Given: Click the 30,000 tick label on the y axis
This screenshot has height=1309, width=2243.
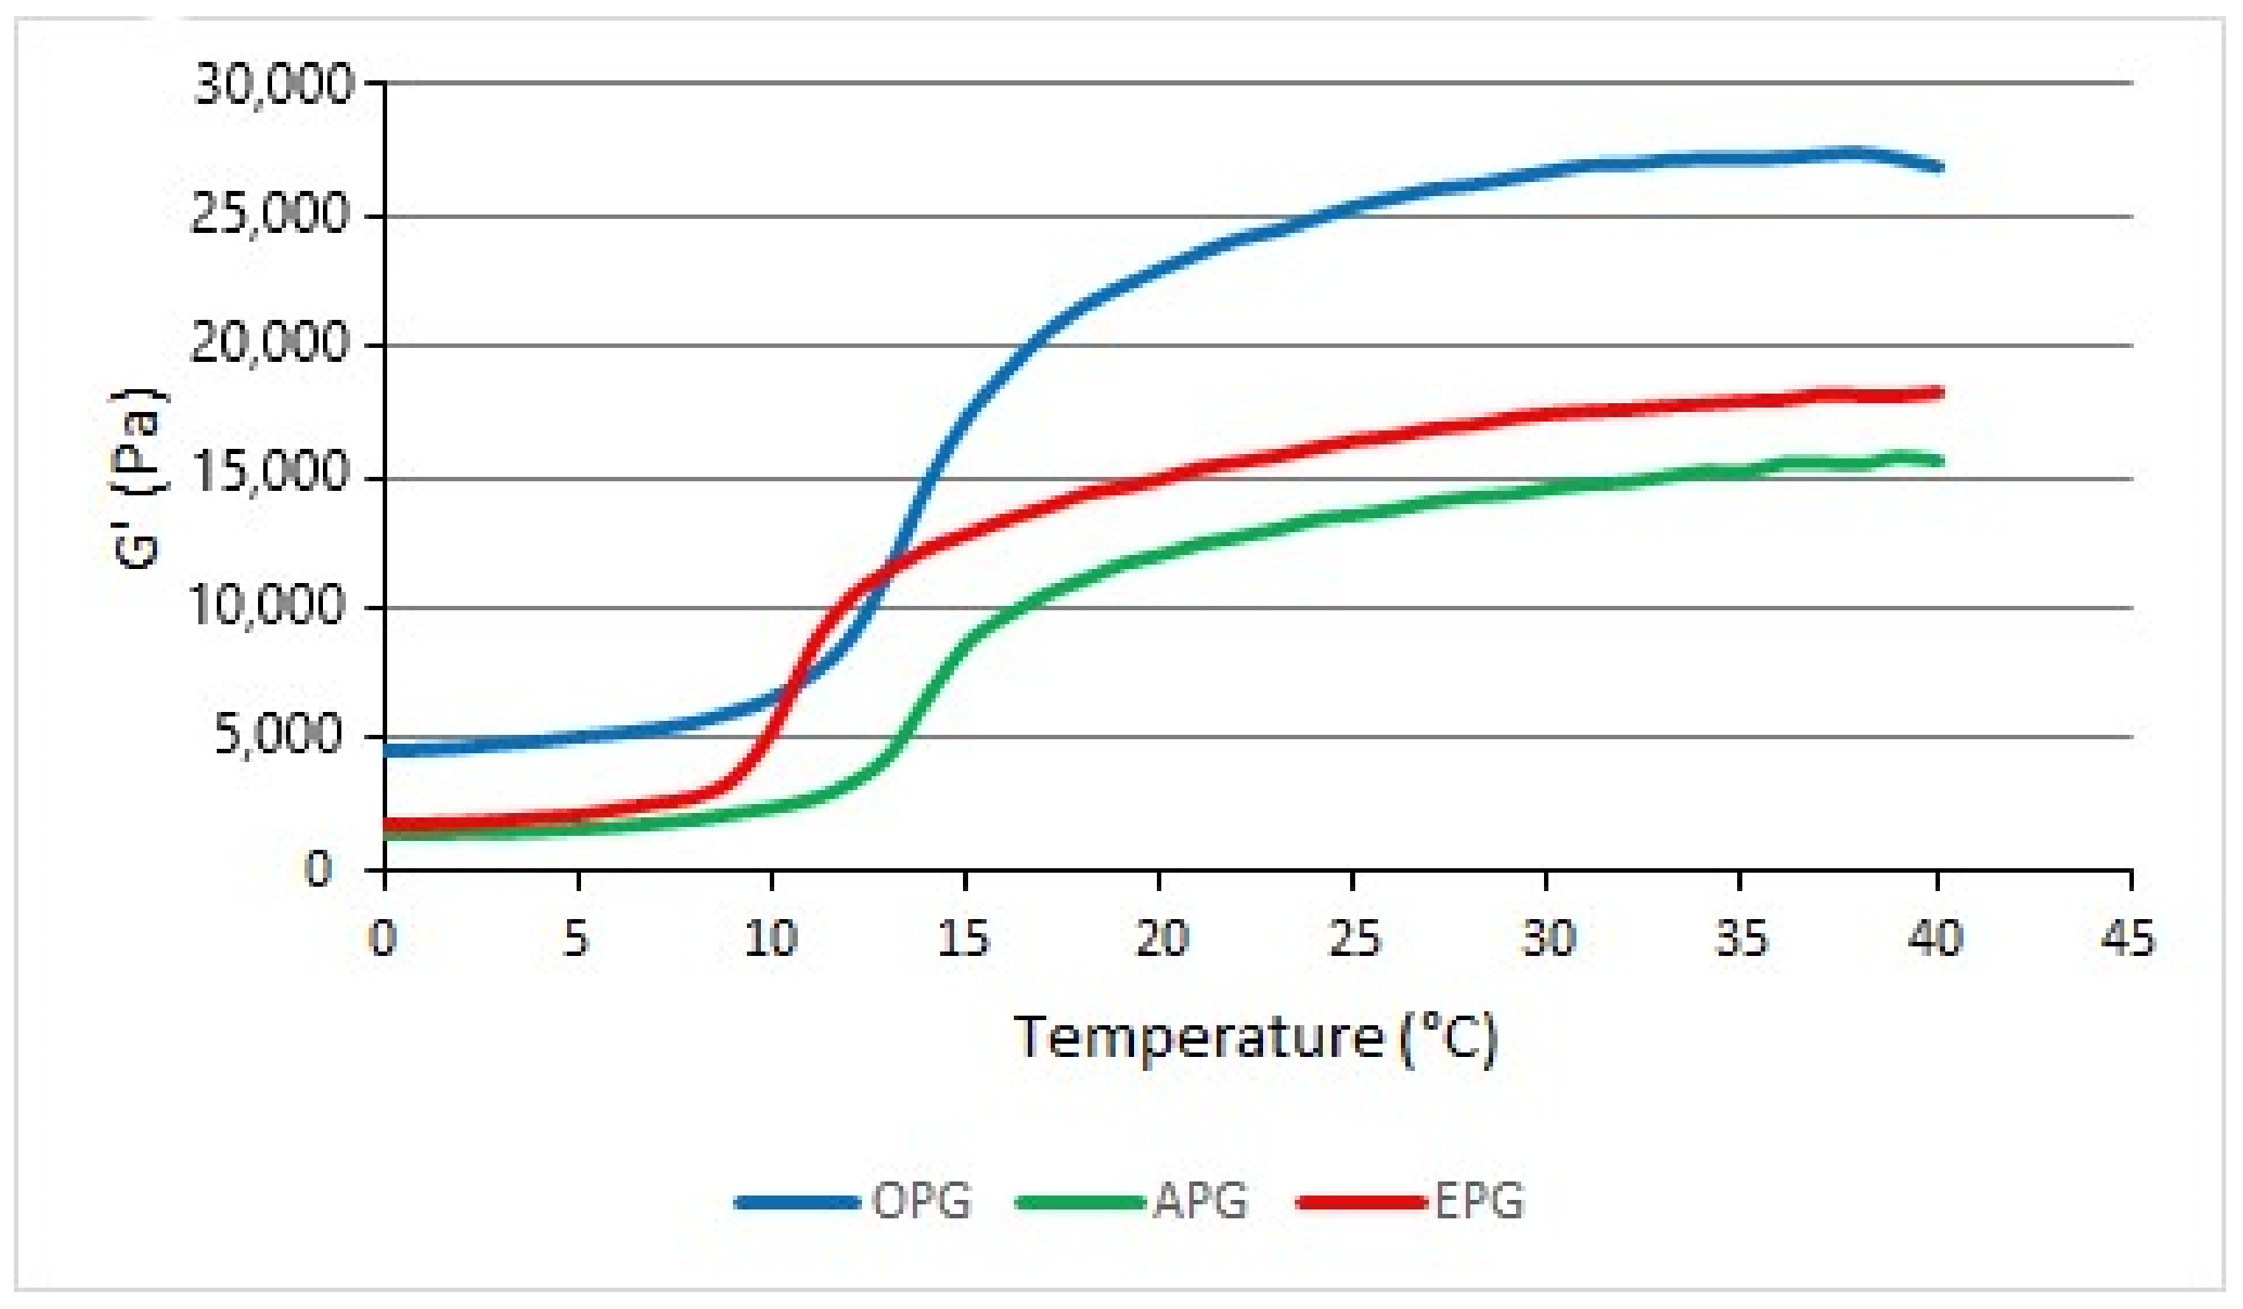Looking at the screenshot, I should tap(274, 86).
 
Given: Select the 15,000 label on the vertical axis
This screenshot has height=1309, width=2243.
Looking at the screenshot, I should tap(270, 475).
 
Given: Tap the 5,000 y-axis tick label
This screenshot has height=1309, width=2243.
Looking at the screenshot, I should tap(279, 736).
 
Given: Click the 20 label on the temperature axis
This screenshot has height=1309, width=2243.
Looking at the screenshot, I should tap(1161, 938).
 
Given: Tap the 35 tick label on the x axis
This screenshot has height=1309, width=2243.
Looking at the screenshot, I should tap(1742, 938).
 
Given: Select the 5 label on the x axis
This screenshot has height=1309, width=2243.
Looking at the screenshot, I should tap(577, 938).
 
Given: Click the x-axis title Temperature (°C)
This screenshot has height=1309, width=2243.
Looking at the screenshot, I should tap(1256, 1039).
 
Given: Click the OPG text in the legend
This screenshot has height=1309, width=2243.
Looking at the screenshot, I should tap(921, 1201).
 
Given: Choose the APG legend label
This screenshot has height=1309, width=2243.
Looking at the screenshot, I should tap(1200, 1201).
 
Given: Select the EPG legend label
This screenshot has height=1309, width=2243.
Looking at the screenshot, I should tap(1479, 1201).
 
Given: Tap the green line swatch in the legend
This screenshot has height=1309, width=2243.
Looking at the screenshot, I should tap(1079, 1203).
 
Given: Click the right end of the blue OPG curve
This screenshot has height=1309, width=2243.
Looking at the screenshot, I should tap(1938, 167).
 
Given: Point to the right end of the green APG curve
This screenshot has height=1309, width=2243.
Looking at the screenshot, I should tap(1938, 461).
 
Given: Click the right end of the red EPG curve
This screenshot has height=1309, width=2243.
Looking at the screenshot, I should tap(1938, 392).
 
